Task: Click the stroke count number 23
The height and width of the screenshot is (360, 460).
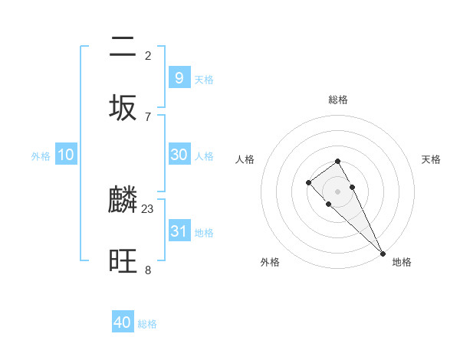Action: click(148, 209)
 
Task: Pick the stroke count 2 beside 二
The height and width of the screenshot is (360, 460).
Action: click(148, 56)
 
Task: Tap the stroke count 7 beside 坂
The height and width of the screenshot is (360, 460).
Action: click(148, 116)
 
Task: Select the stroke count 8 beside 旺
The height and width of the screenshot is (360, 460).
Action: click(148, 270)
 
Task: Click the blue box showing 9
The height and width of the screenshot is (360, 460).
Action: click(179, 78)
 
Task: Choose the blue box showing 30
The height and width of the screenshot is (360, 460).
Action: click(179, 155)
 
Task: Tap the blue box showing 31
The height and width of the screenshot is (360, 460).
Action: click(179, 231)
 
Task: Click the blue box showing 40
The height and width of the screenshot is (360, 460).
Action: click(123, 322)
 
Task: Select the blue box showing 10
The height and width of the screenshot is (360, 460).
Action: click(66, 155)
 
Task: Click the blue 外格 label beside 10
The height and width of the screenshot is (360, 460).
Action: click(41, 155)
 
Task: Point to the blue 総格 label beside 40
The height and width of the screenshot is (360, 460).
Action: click(147, 324)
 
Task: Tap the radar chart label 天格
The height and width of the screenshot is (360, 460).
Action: click(431, 159)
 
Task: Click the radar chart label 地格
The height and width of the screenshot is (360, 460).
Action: click(402, 262)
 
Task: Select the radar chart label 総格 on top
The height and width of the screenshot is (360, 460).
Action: click(337, 100)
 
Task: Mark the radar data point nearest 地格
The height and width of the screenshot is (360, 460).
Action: click(383, 254)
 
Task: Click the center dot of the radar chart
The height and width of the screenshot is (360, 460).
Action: click(337, 191)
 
